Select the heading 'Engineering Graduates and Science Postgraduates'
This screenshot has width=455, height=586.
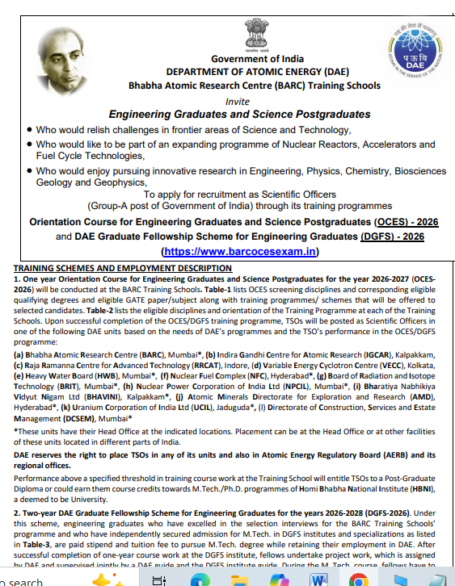(x=239, y=115)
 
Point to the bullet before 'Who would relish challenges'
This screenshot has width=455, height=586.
(x=30, y=130)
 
